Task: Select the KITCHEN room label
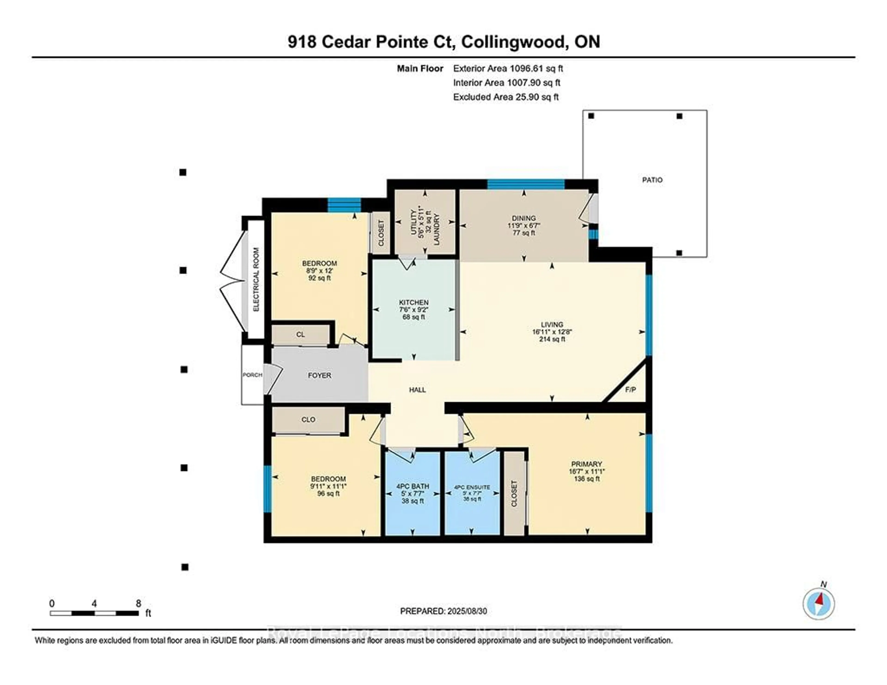(x=413, y=303)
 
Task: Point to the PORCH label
(x=252, y=375)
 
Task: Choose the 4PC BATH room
(x=413, y=493)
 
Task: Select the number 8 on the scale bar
(x=139, y=603)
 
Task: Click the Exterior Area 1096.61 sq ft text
(x=508, y=69)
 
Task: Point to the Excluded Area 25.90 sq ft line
(x=506, y=97)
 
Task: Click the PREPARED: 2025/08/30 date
(x=443, y=611)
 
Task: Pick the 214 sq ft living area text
(x=552, y=339)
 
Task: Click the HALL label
(x=417, y=390)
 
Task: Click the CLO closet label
(x=308, y=419)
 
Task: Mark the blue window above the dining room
(x=526, y=184)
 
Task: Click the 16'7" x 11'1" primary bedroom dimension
(x=586, y=471)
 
